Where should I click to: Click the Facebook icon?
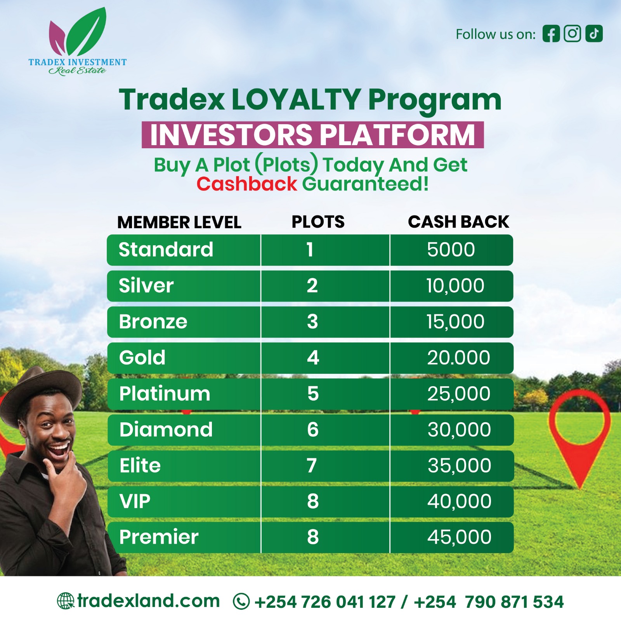click(x=551, y=33)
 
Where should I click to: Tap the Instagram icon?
click(x=572, y=33)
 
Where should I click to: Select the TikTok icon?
click(x=594, y=33)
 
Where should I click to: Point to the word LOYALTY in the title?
click(x=296, y=99)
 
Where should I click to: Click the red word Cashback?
click(x=247, y=184)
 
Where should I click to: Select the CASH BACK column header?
click(x=458, y=222)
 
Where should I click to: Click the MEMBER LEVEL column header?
click(x=179, y=222)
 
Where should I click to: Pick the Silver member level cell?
click(x=146, y=286)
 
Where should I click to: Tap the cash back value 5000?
click(x=451, y=250)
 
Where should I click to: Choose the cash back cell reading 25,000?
click(x=459, y=394)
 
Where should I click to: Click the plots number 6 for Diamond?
click(x=313, y=430)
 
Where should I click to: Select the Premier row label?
click(x=159, y=537)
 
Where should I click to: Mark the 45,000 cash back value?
click(x=460, y=537)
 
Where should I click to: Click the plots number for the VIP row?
click(x=313, y=501)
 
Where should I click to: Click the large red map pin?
click(x=579, y=435)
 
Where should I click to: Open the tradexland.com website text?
click(x=148, y=601)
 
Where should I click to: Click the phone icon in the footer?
click(x=241, y=602)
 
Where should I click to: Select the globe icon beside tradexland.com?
click(x=65, y=601)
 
